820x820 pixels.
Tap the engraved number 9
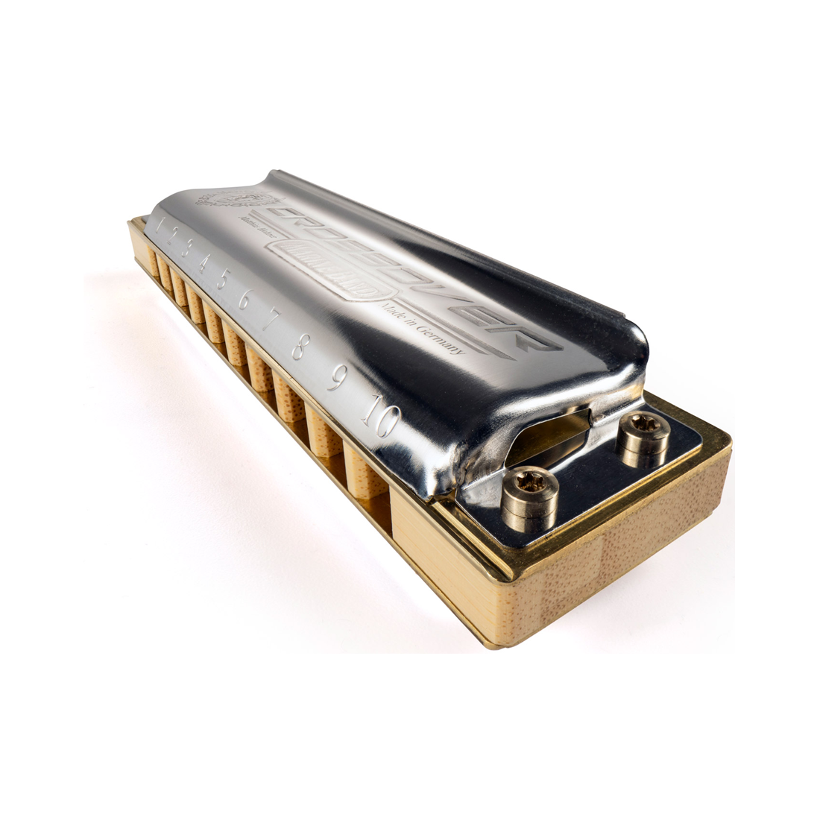[336, 380]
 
